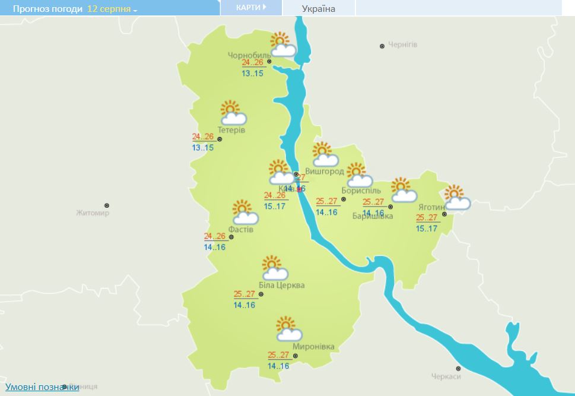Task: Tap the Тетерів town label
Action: (x=231, y=130)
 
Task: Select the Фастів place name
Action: (x=242, y=229)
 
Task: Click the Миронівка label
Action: (x=313, y=347)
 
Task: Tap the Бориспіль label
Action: (x=361, y=190)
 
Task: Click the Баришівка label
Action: (x=373, y=216)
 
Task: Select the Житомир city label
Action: (x=93, y=213)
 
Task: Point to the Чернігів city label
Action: (x=403, y=45)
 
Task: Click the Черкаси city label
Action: (x=446, y=376)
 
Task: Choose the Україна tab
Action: (x=319, y=8)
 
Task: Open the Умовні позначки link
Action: (x=42, y=387)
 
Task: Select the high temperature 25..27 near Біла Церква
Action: (x=244, y=294)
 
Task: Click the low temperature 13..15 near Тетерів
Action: (x=202, y=147)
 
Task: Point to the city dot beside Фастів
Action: (x=231, y=237)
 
